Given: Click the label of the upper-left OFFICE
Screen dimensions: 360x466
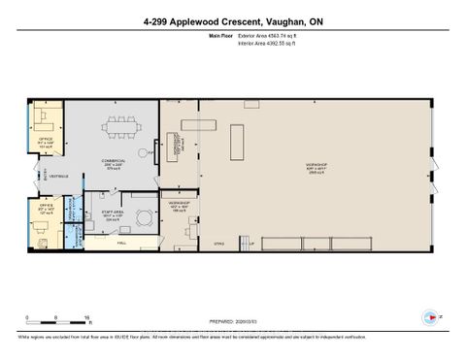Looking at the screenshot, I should click(45, 144).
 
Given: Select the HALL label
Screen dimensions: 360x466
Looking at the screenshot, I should click(120, 244).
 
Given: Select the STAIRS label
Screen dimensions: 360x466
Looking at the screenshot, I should click(218, 247).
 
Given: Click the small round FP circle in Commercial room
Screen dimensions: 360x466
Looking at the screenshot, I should click(148, 152).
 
